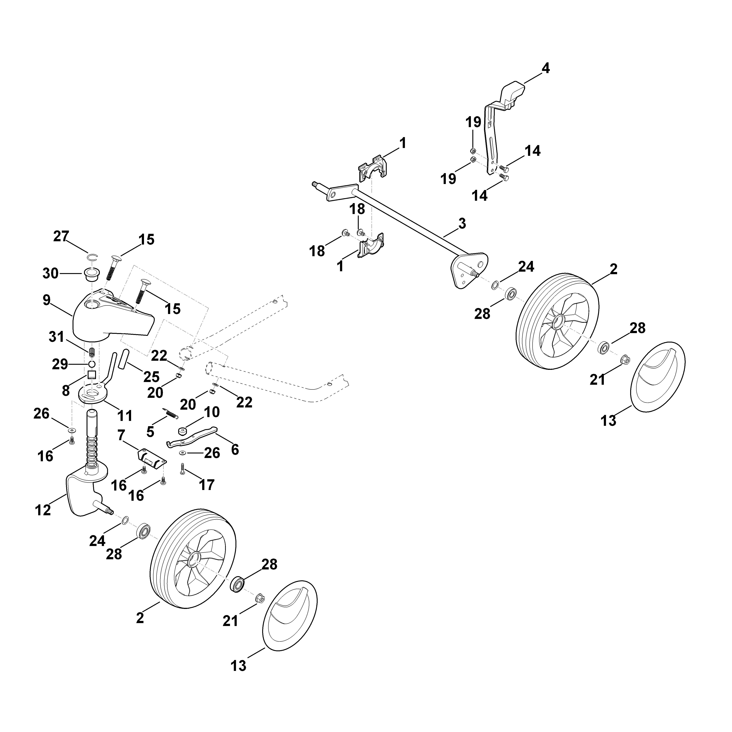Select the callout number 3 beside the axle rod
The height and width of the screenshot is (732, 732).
[462, 223]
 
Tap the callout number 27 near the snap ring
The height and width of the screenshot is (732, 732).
[61, 236]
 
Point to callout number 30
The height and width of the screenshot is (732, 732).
[50, 273]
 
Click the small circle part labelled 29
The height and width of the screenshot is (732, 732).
[91, 364]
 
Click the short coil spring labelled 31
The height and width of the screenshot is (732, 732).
[91, 352]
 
